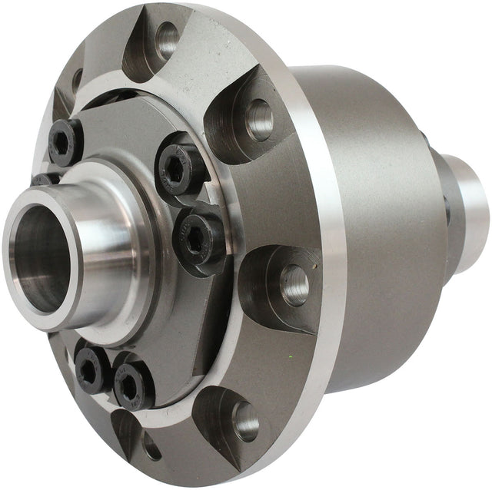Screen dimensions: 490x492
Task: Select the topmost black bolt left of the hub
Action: coord(65,142)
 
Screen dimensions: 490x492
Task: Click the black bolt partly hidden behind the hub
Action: coord(45,180)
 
